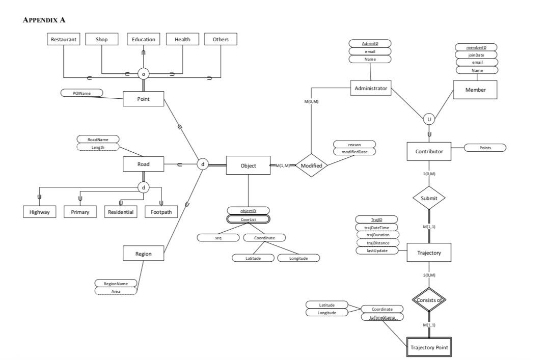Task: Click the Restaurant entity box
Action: coord(64,39)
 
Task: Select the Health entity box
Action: coord(182,39)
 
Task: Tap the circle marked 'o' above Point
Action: coord(144,74)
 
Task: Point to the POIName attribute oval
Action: coord(81,93)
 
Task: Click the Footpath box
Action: coord(161,212)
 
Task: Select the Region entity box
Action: coord(143,253)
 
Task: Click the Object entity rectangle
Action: coord(248,165)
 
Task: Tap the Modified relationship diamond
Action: coord(311,165)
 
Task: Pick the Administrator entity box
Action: coord(370,88)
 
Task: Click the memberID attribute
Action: coord(476,47)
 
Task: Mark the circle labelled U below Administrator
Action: coord(429,120)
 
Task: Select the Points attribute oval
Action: coord(485,148)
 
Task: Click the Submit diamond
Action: coord(429,198)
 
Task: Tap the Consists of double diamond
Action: coord(429,300)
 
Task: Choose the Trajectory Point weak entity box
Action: coord(429,347)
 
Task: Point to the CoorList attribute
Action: coord(248,219)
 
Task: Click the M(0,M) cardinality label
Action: coord(311,102)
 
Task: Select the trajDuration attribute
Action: coord(377,235)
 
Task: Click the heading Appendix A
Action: coord(44,19)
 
